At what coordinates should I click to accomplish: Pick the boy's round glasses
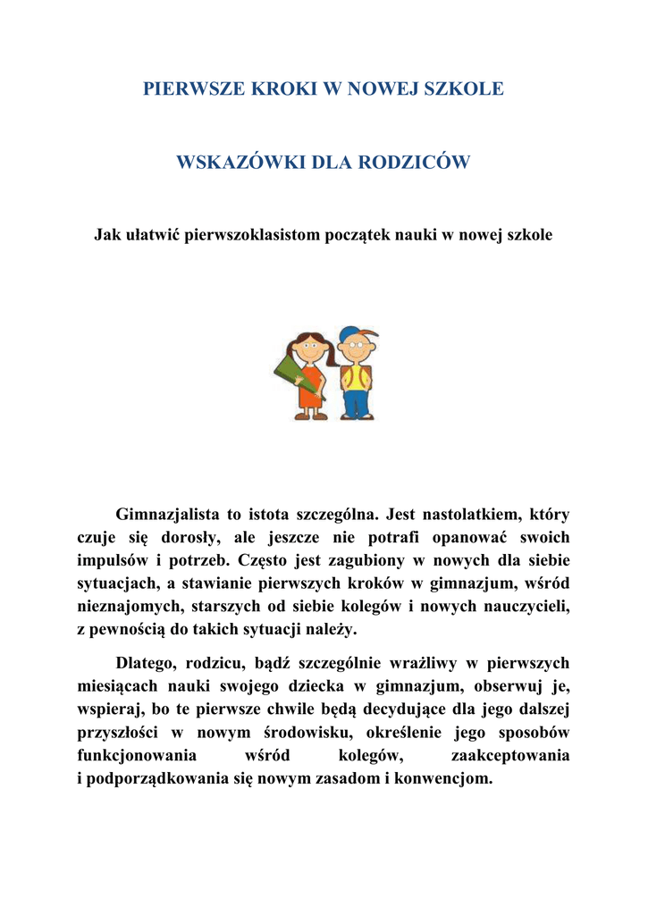355,345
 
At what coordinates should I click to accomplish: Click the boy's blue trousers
357,399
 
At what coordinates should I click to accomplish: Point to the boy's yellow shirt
357,374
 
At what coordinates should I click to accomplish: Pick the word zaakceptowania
510,756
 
